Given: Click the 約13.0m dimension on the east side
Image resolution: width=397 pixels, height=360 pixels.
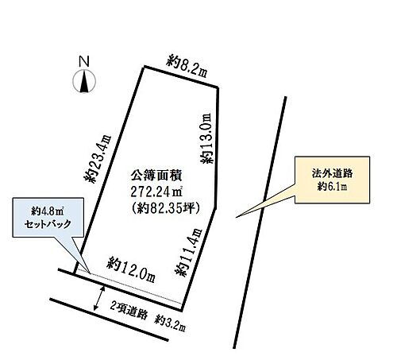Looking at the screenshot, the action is [x=206, y=137].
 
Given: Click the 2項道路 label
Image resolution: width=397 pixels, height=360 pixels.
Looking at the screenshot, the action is [x=129, y=304].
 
